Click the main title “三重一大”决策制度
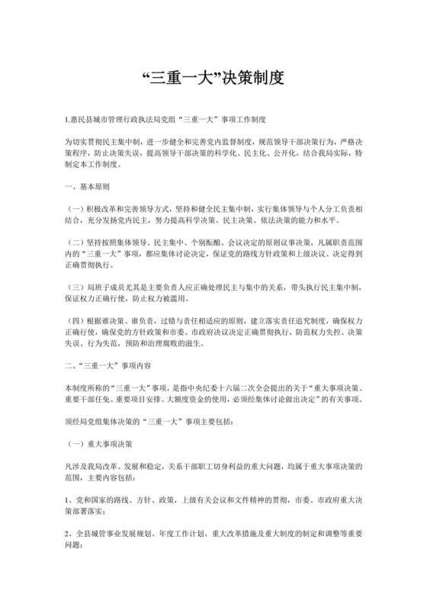(213, 77)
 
